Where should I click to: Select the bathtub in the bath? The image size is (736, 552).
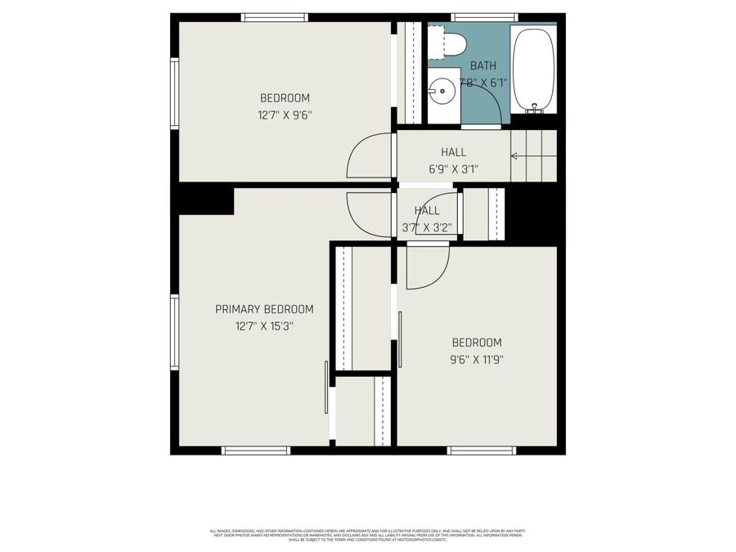[x=534, y=70]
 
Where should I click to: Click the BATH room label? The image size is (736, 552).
[x=482, y=66]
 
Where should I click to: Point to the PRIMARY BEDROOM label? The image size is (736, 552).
[x=264, y=309]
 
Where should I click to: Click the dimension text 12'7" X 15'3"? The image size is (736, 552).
[x=264, y=325]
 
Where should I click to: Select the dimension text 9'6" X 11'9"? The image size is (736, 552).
[x=477, y=358]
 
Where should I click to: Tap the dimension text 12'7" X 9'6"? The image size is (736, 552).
[x=285, y=115]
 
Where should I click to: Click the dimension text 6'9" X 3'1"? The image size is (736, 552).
[x=453, y=169]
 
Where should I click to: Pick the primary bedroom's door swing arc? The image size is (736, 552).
[x=369, y=215]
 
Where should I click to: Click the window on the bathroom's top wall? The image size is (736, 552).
[x=484, y=17]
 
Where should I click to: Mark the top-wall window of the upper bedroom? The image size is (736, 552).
[x=275, y=17]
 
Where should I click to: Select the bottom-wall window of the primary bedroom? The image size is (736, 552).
[x=256, y=450]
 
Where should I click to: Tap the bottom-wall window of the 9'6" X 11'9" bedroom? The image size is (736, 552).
[x=481, y=450]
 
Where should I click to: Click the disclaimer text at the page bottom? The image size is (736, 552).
[x=367, y=535]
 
